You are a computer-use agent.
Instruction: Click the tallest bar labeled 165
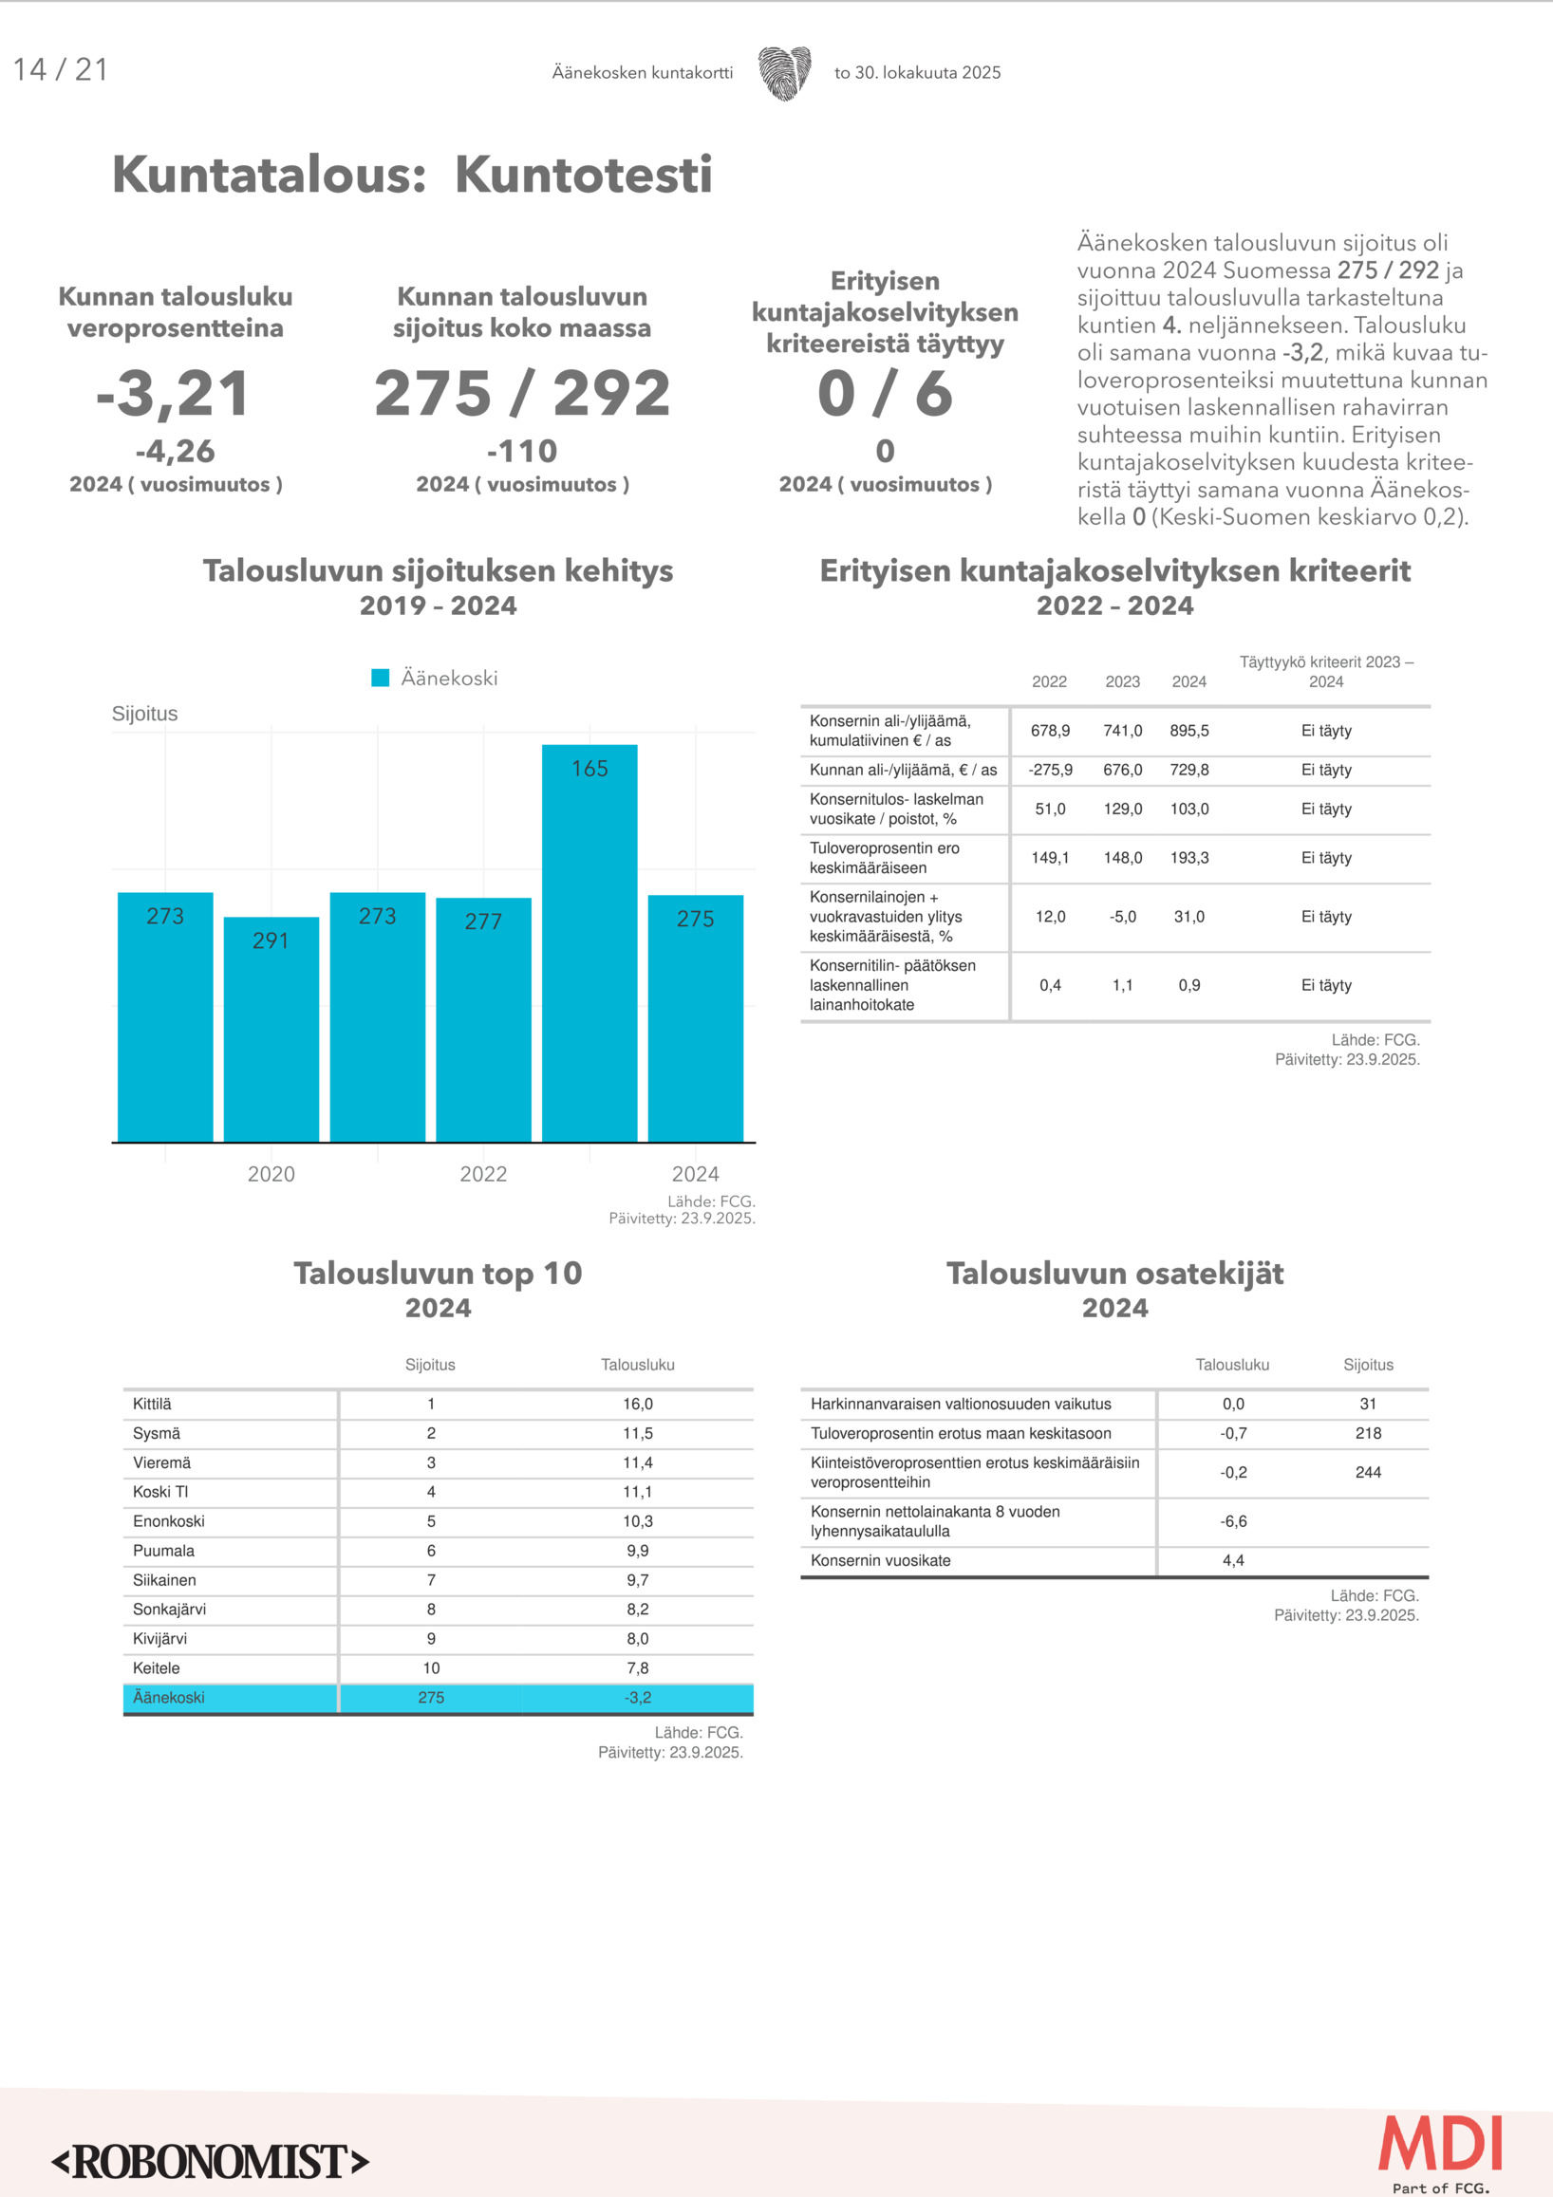589,942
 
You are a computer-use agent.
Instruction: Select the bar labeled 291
271,1029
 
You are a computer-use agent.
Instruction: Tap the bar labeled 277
483,1019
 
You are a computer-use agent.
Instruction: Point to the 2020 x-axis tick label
271,1174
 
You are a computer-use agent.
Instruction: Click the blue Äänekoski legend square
380,678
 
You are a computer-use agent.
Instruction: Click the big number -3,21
174,393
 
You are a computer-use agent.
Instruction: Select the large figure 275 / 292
521,393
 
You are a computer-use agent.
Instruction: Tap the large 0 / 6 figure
885,393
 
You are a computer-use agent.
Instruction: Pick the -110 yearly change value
521,451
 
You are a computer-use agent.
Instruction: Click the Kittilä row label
152,1404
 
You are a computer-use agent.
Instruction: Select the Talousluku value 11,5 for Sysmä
637,1433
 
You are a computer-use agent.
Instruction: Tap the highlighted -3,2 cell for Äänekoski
637,1698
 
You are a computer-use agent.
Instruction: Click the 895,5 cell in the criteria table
1188,730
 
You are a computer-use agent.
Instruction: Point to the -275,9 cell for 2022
1050,770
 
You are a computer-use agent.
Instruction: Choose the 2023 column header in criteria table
1122,681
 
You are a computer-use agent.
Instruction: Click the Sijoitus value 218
1367,1433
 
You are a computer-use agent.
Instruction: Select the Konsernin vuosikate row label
880,1560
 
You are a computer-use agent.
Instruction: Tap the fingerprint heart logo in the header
785,73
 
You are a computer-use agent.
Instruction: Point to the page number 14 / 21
61,70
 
